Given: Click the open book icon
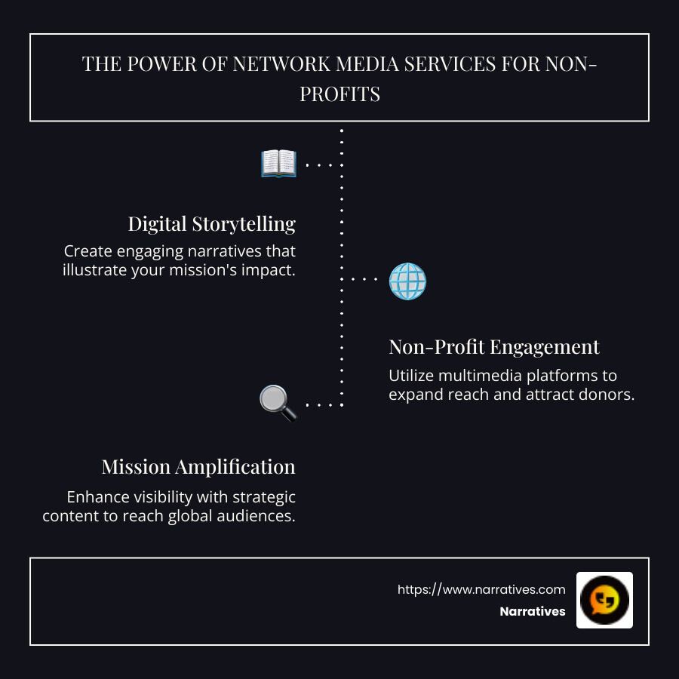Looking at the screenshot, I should [x=278, y=163].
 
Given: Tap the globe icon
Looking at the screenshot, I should [x=407, y=281].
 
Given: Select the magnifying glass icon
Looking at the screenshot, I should [x=278, y=403].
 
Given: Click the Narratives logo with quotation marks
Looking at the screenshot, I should [x=604, y=600].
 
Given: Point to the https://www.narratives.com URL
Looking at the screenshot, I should [x=481, y=589].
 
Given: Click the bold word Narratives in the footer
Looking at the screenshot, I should [x=532, y=612].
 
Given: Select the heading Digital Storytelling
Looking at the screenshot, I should [x=211, y=224].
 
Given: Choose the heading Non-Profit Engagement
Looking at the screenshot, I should [x=494, y=347].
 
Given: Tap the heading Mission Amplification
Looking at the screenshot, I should [x=198, y=467].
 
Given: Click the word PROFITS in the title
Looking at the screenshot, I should [x=339, y=94].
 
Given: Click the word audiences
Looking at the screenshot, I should [x=254, y=517].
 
